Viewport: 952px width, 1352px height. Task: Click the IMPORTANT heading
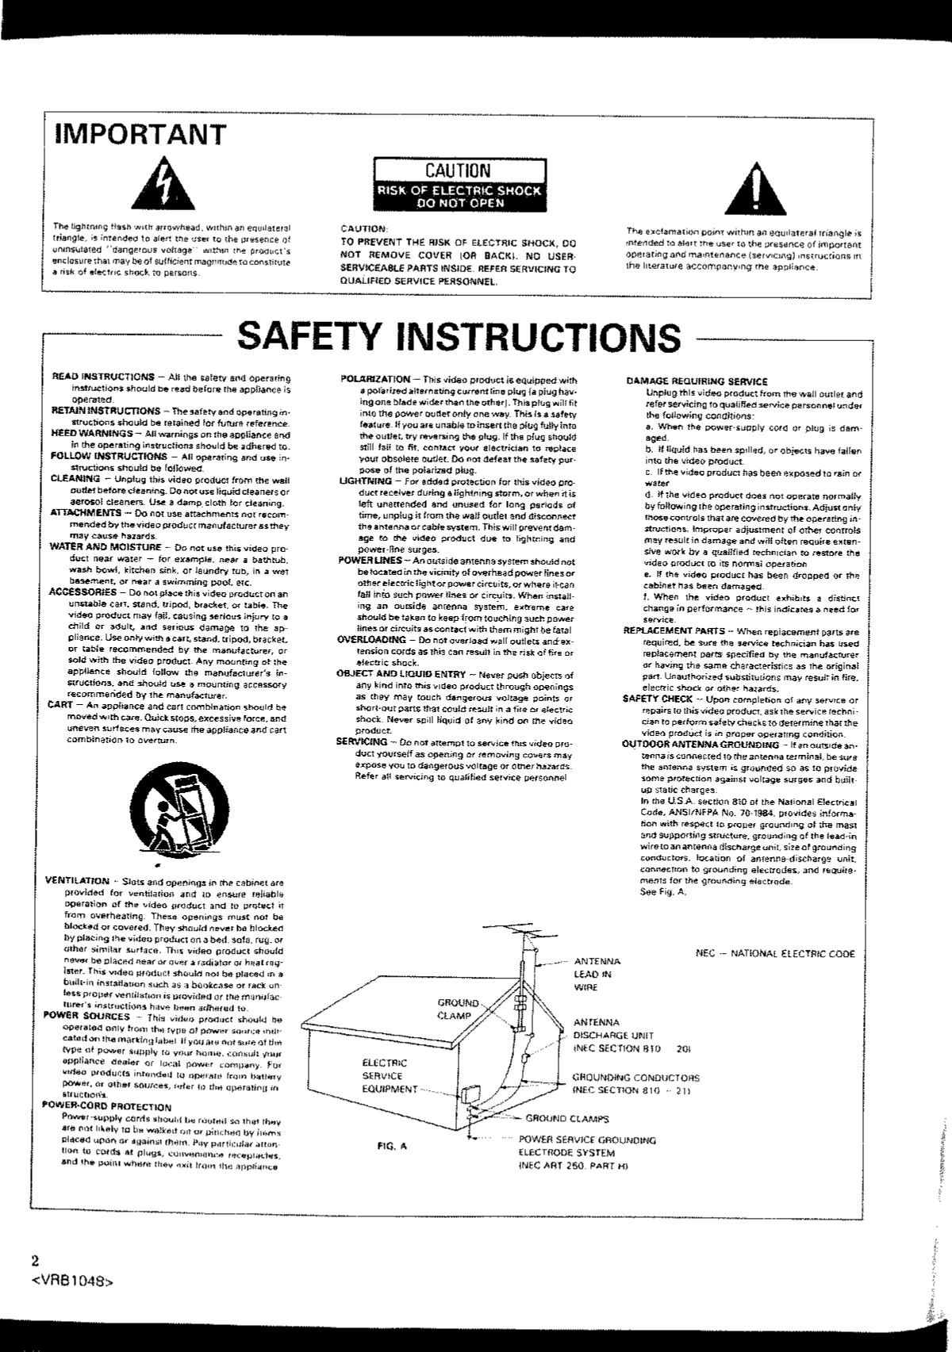[x=140, y=134]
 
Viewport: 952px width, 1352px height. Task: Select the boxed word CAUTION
[x=458, y=170]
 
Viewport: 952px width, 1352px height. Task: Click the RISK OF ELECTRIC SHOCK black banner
[x=459, y=196]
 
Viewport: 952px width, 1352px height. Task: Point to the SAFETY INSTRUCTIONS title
[x=459, y=336]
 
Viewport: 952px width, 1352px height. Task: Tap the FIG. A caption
[x=393, y=1145]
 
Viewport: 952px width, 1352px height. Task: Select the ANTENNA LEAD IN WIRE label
[x=597, y=974]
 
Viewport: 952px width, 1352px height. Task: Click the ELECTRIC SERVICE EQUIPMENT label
[x=385, y=1075]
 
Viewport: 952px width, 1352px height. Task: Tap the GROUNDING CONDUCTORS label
[x=635, y=1083]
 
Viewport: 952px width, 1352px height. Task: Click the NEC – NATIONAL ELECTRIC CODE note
[x=775, y=953]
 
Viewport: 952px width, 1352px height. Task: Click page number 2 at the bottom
[x=34, y=1261]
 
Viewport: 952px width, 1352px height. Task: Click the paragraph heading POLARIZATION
[x=375, y=380]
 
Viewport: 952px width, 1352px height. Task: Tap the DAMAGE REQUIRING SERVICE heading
[x=697, y=381]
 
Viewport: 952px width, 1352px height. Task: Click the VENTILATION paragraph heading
[x=78, y=881]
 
